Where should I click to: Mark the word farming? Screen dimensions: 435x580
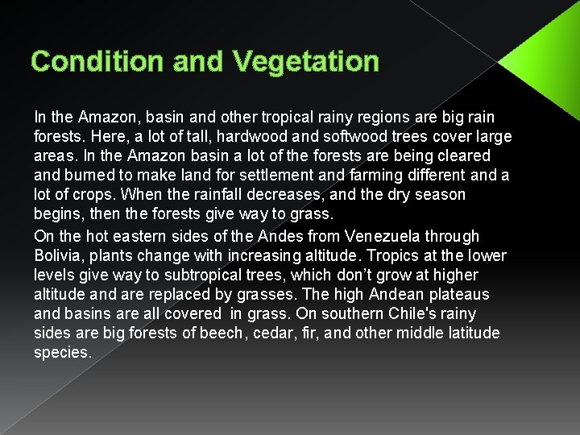[x=376, y=176]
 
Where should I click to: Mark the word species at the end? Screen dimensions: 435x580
[x=63, y=353]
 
